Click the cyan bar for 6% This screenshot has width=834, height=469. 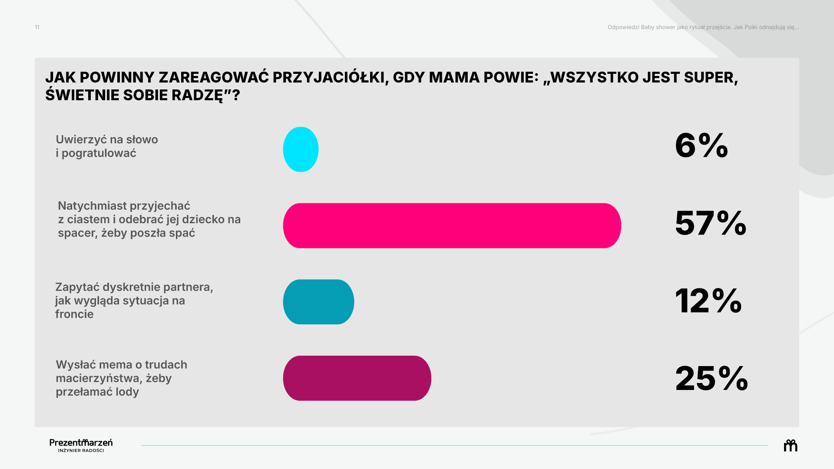pos(301,149)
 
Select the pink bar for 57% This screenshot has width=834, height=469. pos(452,226)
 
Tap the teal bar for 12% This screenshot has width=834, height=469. pos(318,302)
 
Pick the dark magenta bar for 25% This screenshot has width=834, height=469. pos(357,378)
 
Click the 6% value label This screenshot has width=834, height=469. pos(702,145)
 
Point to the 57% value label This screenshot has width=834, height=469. pos(711,223)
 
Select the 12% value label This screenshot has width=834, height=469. pos(708,301)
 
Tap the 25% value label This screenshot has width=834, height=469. pos(712,378)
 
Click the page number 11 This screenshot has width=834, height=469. pos(37,27)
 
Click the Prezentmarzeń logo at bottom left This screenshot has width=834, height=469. pos(81,445)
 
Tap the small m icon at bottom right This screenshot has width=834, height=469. pos(791,446)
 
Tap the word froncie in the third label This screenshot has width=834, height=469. pos(74,314)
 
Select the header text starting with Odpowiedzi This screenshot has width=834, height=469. pos(703,27)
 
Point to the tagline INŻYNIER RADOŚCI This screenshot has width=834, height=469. pos(81,450)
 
